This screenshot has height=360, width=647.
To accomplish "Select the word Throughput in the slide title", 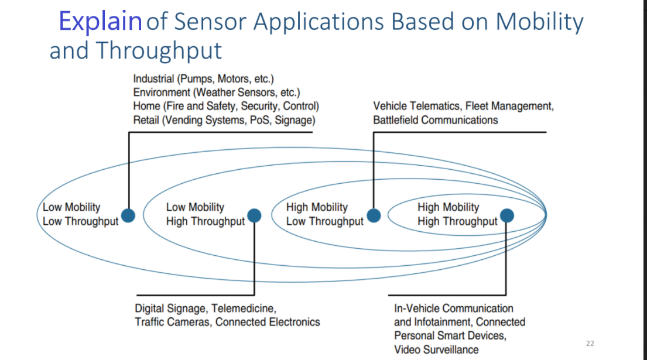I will click(x=159, y=50).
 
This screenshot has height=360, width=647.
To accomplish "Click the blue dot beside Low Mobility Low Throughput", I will click(x=128, y=215).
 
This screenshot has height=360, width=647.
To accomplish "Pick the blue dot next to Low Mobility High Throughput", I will click(x=254, y=216).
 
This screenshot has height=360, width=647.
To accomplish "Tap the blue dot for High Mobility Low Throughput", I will click(x=373, y=216).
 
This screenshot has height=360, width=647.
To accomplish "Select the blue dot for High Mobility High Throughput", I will click(x=506, y=216).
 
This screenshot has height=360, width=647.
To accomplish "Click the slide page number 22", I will click(x=590, y=344).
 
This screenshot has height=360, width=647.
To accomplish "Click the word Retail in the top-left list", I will click(x=146, y=121).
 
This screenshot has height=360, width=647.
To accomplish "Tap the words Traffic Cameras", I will click(x=172, y=322).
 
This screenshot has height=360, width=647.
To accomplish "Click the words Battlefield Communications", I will click(x=436, y=121).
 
